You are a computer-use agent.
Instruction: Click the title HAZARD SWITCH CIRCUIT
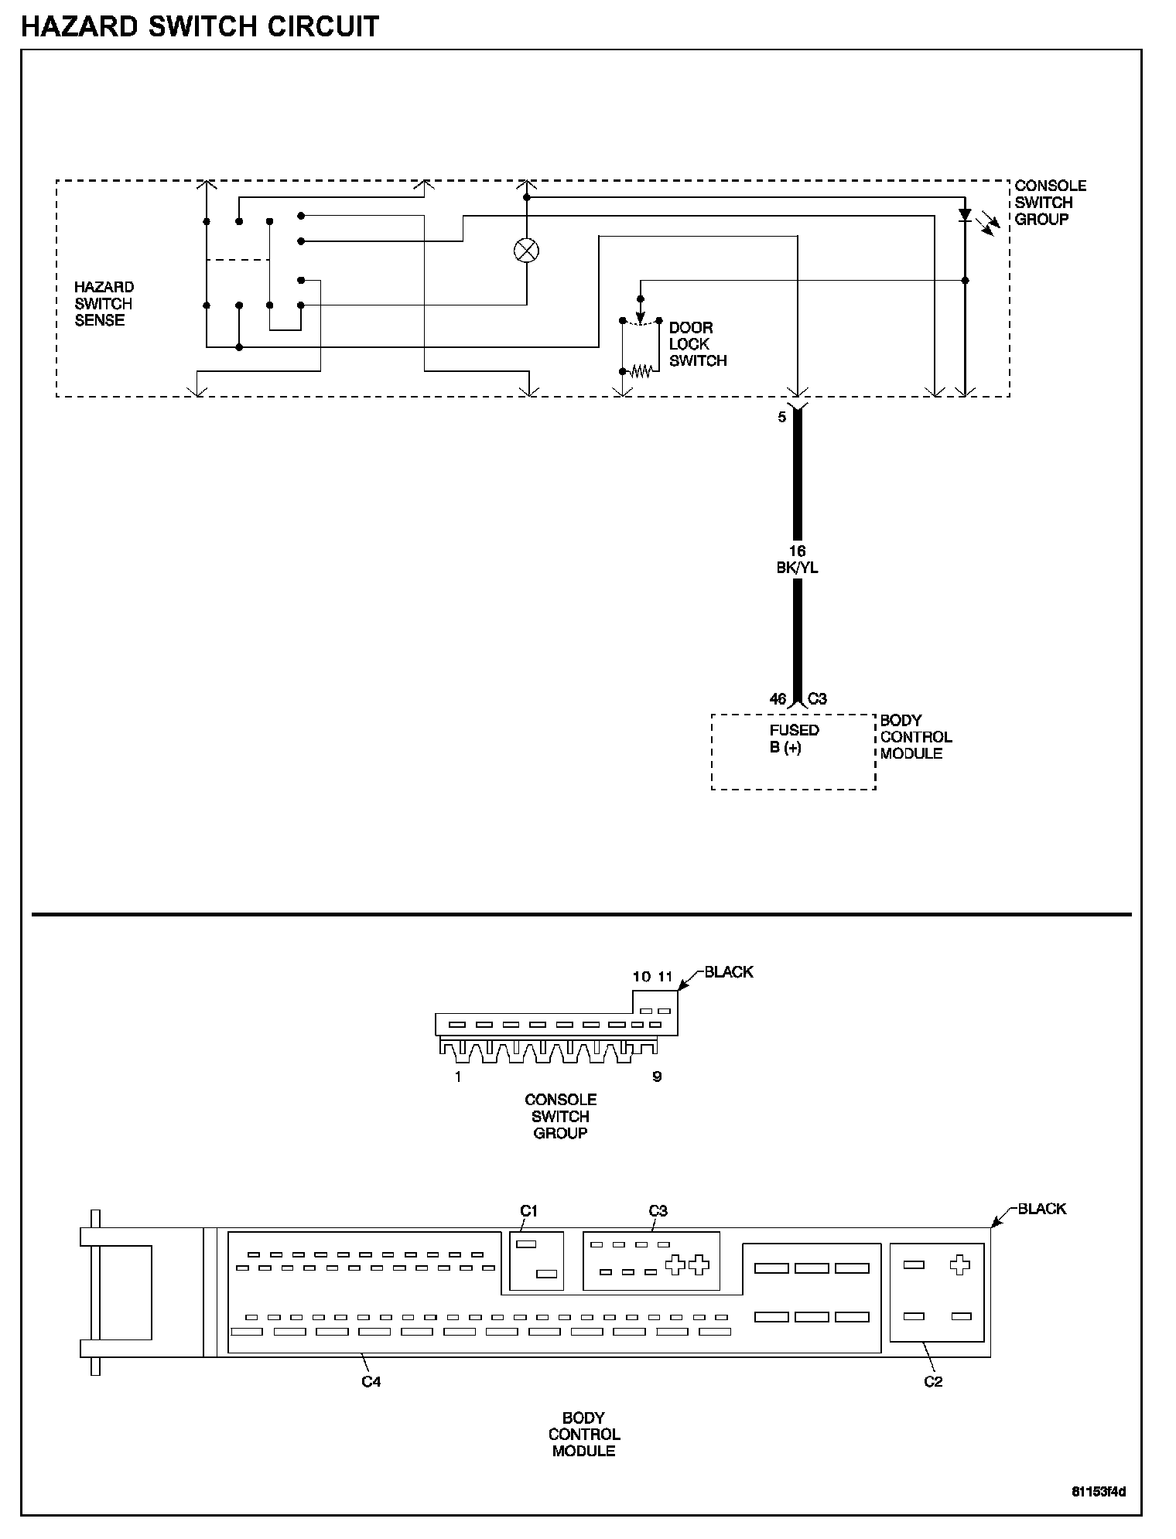200,26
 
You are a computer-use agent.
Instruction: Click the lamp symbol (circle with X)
526,251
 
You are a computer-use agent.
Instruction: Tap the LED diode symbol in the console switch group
965,215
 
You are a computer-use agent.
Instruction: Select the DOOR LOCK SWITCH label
697,344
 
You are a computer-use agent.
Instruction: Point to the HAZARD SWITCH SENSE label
103,303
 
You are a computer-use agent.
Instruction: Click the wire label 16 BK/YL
797,559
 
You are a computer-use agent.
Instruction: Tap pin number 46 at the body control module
778,699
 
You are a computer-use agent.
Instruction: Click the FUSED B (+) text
794,739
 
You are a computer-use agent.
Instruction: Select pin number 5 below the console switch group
781,417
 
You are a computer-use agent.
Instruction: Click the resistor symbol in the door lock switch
641,372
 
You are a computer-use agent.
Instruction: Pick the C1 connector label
528,1210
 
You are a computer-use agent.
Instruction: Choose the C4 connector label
371,1381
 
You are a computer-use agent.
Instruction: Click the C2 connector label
933,1381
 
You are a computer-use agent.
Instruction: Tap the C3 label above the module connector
658,1210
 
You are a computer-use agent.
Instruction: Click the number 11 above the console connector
665,977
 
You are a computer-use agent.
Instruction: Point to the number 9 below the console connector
657,1077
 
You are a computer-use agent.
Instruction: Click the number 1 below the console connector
458,1077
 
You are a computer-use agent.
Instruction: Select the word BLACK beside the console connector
728,972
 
